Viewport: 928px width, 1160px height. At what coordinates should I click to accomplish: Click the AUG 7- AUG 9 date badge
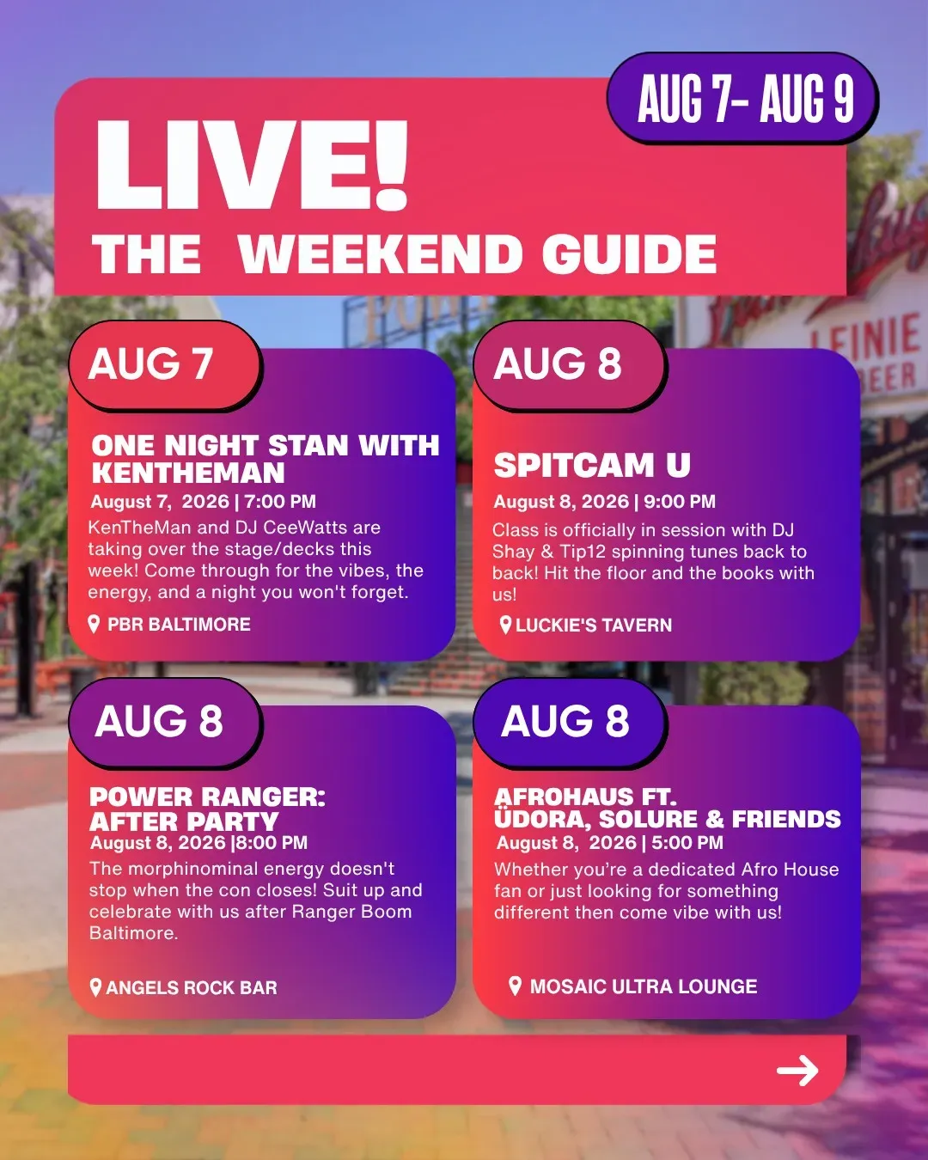tap(742, 98)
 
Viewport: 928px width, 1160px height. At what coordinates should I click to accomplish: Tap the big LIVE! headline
tap(251, 164)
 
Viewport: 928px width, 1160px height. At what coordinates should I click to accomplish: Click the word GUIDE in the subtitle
tap(629, 253)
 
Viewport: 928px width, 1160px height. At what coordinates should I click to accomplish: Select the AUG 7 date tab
tap(165, 364)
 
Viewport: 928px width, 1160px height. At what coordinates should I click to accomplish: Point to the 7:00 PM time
tap(280, 502)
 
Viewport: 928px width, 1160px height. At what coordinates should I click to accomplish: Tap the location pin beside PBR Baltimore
tap(94, 624)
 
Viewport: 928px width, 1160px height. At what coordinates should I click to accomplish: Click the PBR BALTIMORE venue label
tap(179, 624)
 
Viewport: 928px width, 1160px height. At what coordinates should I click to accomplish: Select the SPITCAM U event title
tap(592, 465)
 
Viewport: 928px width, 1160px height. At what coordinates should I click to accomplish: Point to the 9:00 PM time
tap(680, 502)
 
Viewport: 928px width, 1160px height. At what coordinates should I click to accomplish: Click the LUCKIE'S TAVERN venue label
tap(594, 626)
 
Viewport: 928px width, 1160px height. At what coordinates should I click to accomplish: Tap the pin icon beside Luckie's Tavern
tap(505, 626)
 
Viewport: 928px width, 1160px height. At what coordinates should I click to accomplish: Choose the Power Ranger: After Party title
tap(208, 809)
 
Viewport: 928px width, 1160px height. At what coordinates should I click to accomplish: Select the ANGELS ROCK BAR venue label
tap(192, 987)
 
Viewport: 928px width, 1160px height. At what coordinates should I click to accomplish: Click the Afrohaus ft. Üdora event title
tap(668, 808)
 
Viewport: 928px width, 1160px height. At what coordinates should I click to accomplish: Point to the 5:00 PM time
tap(687, 843)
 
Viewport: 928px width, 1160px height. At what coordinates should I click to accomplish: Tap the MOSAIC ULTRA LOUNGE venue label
tap(644, 986)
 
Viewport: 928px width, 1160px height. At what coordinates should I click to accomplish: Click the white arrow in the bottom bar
tap(797, 1071)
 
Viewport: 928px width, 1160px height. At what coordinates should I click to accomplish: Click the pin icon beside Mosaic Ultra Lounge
tap(515, 986)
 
